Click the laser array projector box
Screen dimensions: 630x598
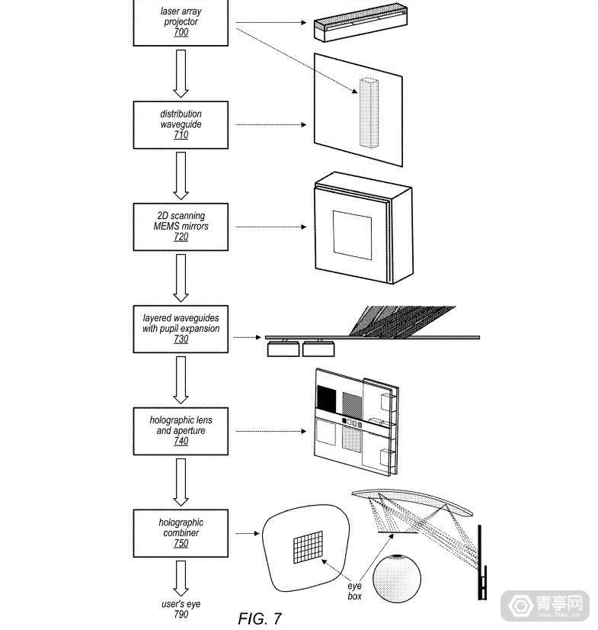point(180,22)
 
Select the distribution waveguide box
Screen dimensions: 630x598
point(180,124)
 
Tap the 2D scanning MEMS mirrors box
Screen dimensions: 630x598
point(180,227)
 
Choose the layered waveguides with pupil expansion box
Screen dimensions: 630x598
point(180,329)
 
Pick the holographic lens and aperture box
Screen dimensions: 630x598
point(180,431)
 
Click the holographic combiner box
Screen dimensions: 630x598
point(180,533)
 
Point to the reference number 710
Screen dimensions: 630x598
point(181,135)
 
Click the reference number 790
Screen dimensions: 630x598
point(181,614)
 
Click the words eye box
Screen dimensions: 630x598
point(355,590)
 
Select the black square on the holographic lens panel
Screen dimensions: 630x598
point(326,400)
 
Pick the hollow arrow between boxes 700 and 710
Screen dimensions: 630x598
point(180,73)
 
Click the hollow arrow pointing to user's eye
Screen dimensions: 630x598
point(180,577)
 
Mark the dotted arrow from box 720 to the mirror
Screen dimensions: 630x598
point(270,227)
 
